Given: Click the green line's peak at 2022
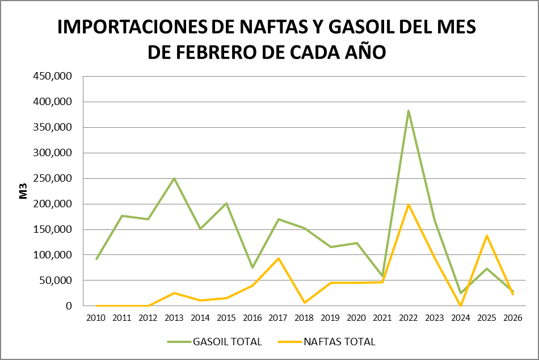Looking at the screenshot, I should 409,111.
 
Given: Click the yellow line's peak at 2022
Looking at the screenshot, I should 409,204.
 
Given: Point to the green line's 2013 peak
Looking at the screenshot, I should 175,178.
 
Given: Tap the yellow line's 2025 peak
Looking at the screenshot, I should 487,236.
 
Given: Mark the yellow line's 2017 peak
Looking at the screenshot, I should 279,258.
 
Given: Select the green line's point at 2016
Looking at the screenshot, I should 252,267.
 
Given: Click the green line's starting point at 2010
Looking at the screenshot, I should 96,259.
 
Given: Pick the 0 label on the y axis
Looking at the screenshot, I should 69,306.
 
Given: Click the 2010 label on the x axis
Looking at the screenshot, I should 96,318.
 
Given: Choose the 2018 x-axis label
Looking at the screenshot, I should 305,318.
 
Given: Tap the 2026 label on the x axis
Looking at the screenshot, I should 512,318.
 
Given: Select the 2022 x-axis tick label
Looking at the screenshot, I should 409,318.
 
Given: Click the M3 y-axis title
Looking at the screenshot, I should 24,191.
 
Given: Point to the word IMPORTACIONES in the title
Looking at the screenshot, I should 132,27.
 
